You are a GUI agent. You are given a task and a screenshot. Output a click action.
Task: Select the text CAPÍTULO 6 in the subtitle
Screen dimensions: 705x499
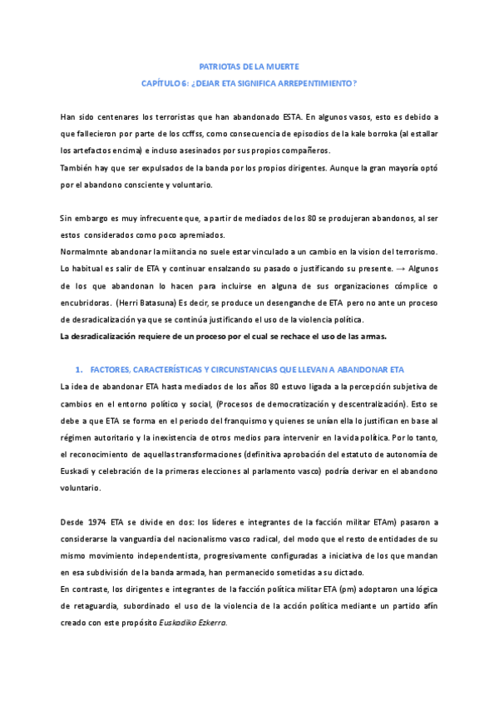tap(166, 82)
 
